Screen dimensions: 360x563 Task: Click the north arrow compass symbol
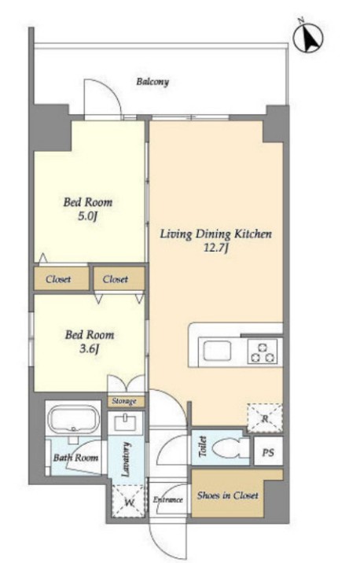308,38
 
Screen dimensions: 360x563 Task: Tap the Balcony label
152,82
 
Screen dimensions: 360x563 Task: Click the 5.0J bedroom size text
87,217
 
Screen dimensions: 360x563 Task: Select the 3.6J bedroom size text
89,349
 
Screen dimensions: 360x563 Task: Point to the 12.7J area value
215,248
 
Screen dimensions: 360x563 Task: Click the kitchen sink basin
217,351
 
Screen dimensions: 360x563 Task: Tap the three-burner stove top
263,351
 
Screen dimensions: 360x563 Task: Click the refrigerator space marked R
265,418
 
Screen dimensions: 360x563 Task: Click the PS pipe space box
268,451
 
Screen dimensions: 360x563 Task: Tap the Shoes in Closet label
227,495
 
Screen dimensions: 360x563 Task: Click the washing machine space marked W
129,502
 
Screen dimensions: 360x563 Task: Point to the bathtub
74,419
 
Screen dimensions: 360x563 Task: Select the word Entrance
168,499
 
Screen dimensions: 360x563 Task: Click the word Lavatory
126,459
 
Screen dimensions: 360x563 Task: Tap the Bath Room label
75,458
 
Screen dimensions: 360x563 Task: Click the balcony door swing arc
108,89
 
